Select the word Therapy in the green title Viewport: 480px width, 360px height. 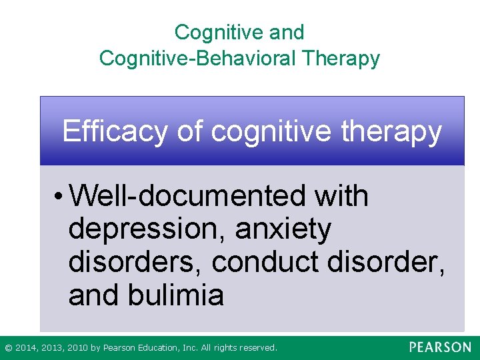[341, 58]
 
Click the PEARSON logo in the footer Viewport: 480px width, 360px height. [439, 347]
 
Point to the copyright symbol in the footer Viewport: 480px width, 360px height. [8, 348]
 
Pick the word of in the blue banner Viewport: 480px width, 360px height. [190, 131]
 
